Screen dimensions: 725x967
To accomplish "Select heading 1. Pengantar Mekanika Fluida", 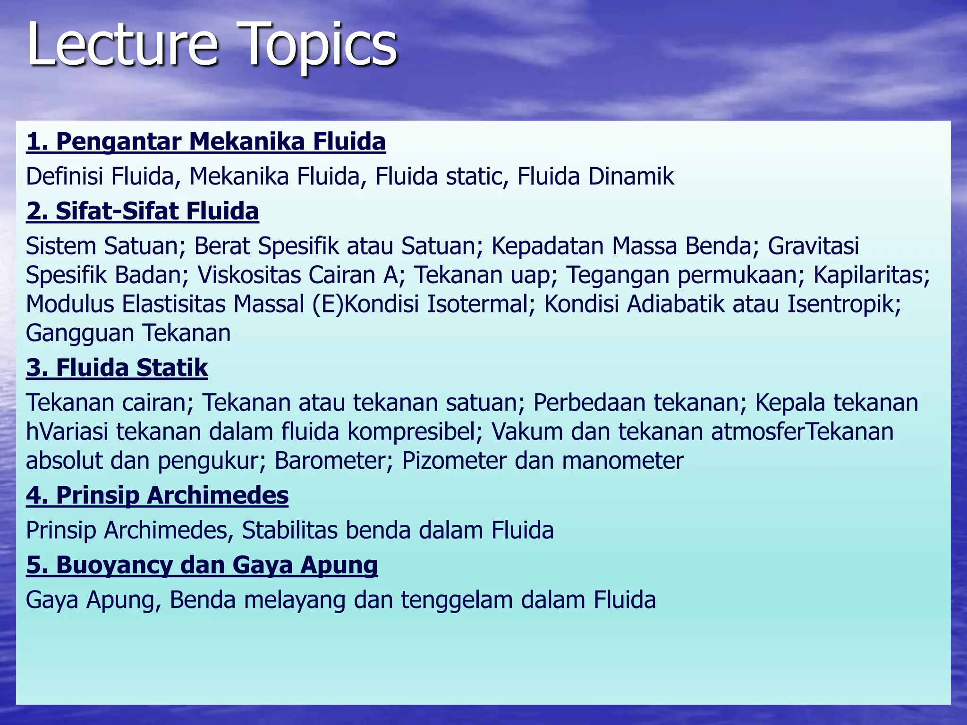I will point(206,141).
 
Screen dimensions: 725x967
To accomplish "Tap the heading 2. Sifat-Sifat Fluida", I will point(143,211).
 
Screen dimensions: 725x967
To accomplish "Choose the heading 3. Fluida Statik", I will point(117,367).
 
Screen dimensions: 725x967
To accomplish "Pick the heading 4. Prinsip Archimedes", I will point(157,495).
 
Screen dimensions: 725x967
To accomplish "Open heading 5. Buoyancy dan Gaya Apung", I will point(202,565).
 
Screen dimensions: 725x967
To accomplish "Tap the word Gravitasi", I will point(813,246).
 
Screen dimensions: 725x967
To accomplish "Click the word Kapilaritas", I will point(871,275).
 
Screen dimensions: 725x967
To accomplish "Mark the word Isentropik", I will point(844,304).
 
